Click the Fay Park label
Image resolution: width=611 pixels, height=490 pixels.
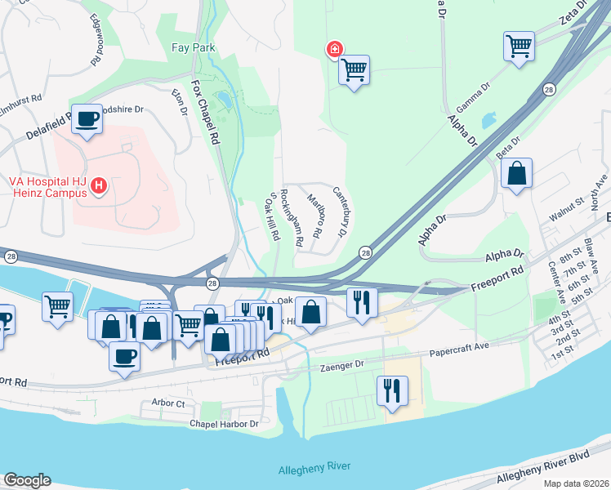194,48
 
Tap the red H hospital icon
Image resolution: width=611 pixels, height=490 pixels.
99,187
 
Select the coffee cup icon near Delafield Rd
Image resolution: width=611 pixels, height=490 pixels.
87,119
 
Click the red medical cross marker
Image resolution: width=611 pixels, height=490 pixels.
334,50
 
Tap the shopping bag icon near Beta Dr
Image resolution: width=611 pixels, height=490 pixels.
516,173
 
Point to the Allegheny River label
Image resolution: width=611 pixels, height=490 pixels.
314,466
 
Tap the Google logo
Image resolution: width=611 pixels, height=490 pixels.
27,480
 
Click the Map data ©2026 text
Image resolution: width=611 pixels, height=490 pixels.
576,483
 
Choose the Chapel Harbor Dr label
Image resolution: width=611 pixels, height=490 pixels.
224,424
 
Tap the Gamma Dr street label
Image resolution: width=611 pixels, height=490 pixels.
473,96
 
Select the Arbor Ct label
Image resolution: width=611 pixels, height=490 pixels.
168,403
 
